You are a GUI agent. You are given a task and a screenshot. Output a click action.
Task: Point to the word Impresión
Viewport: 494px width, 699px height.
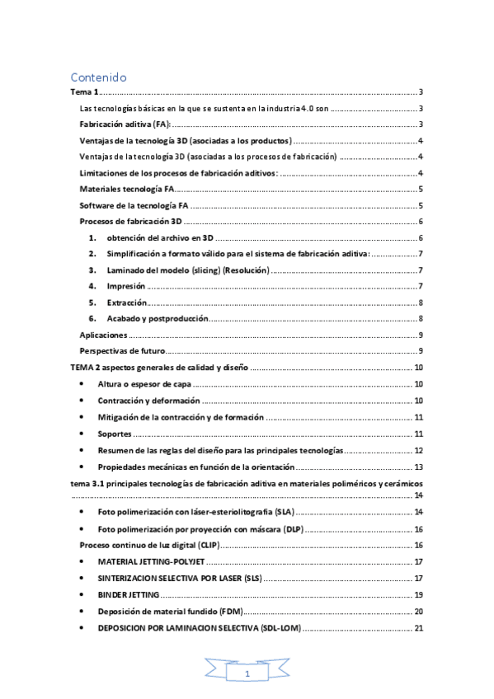point(126,286)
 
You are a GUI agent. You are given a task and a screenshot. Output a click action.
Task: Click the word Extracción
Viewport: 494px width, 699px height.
point(127,303)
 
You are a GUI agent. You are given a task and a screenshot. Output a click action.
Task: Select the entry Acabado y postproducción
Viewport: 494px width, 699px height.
point(157,318)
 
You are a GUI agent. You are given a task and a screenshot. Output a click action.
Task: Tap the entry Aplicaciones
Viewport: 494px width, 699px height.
point(103,335)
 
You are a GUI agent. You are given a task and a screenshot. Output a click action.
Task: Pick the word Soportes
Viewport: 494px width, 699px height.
point(115,434)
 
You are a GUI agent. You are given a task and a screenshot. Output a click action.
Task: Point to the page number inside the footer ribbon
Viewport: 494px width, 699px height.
point(247,674)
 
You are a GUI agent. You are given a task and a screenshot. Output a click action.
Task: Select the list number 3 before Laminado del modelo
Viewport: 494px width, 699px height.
point(92,270)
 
